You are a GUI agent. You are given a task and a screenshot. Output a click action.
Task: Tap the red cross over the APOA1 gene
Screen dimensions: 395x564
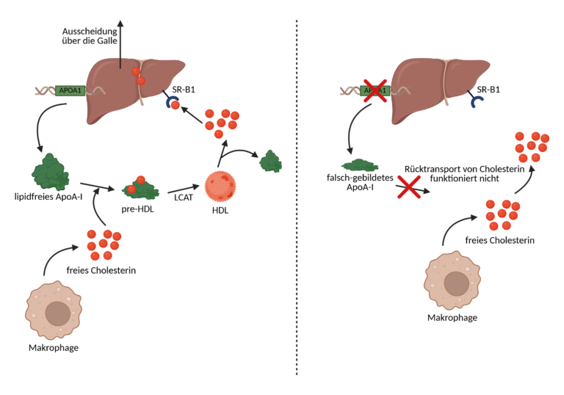pyautogui.click(x=375, y=92)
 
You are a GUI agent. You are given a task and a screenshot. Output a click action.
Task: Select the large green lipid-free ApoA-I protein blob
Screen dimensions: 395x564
pyautogui.click(x=50, y=172)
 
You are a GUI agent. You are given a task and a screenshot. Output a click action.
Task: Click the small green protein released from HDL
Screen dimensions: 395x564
pyautogui.click(x=270, y=160)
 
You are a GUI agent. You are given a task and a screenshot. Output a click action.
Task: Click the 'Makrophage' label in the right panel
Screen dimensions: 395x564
pyautogui.click(x=453, y=317)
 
